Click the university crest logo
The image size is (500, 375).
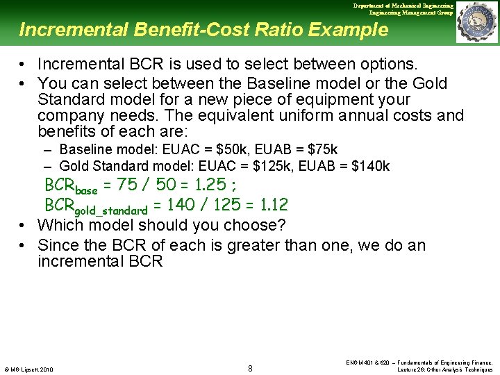[x=477, y=22]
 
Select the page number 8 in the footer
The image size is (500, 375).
[x=250, y=367]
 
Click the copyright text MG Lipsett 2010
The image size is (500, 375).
[x=28, y=369]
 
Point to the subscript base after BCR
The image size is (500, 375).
[x=86, y=190]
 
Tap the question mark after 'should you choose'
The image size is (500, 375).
[x=282, y=225]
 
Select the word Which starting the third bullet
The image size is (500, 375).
[x=60, y=225]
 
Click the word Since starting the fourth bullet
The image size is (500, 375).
[x=58, y=245]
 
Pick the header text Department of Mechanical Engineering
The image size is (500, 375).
[x=403, y=6]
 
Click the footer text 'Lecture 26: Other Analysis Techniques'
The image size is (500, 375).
[x=444, y=369]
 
